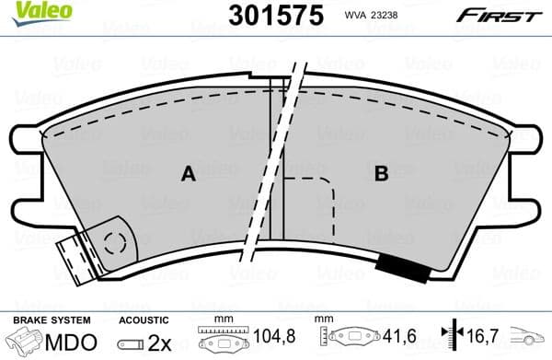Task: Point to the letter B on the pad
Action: (x=380, y=172)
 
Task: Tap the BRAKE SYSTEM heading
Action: (x=51, y=319)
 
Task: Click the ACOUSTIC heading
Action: (x=144, y=319)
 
